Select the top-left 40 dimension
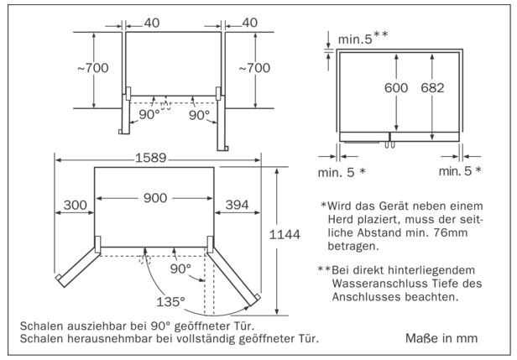coord(150,22)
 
